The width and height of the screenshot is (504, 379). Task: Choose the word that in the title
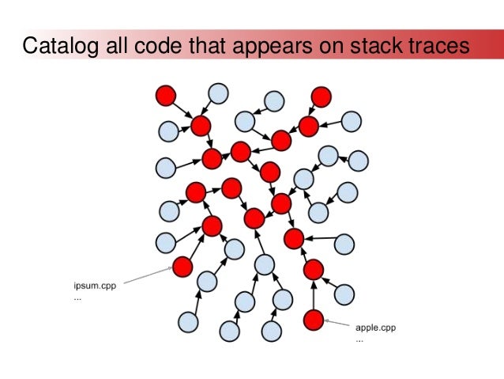pyautogui.click(x=206, y=47)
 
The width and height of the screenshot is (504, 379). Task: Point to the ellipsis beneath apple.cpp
pyautogui.click(x=360, y=339)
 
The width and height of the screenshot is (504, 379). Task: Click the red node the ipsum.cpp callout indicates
pyautogui.click(x=182, y=266)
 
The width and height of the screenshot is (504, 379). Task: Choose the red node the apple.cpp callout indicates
pyautogui.click(x=314, y=320)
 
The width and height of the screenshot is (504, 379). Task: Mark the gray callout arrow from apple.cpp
pyautogui.click(x=338, y=324)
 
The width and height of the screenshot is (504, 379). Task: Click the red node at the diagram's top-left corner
pyautogui.click(x=165, y=96)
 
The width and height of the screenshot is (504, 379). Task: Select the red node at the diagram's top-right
pyautogui.click(x=321, y=97)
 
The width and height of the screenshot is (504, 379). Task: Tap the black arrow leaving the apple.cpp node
pyautogui.click(x=314, y=296)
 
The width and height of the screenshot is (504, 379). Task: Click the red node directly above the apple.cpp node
pyautogui.click(x=314, y=269)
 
